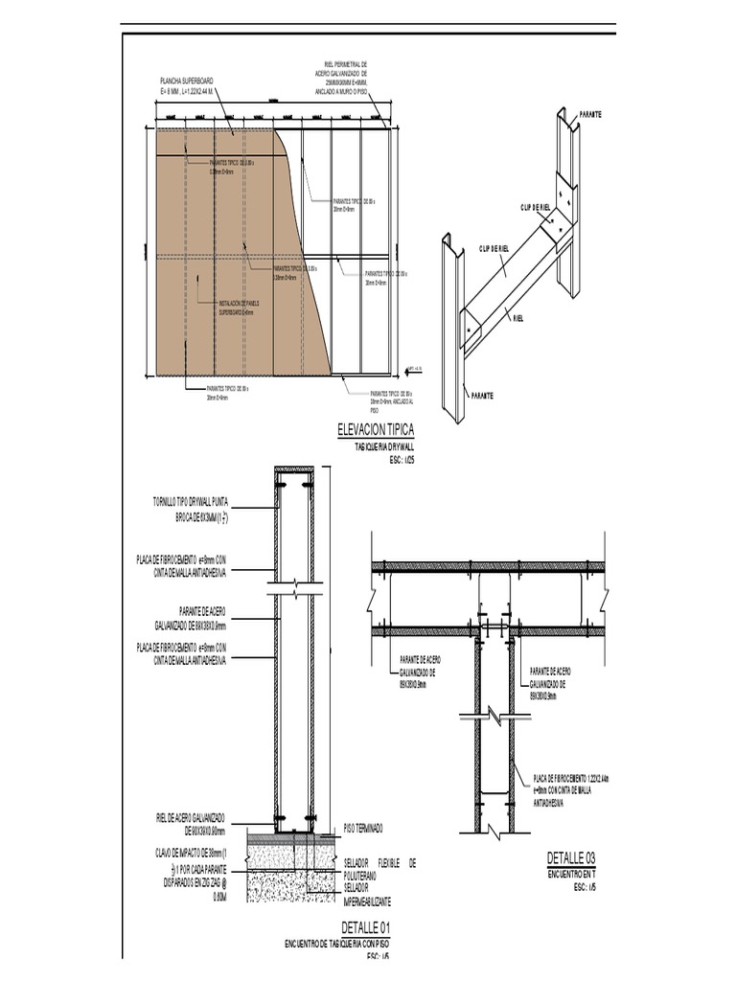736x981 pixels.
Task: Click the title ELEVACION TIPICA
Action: (376, 431)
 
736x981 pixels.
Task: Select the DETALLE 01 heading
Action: (365, 927)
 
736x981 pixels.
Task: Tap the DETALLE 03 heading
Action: (571, 857)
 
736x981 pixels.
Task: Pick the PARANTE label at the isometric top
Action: (590, 114)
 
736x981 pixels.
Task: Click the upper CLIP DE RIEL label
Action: (536, 207)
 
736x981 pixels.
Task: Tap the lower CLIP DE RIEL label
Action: (494, 249)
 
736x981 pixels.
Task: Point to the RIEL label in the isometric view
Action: (517, 318)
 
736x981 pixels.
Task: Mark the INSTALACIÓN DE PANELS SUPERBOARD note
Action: (234, 307)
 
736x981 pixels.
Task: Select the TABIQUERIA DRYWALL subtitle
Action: (382, 447)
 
